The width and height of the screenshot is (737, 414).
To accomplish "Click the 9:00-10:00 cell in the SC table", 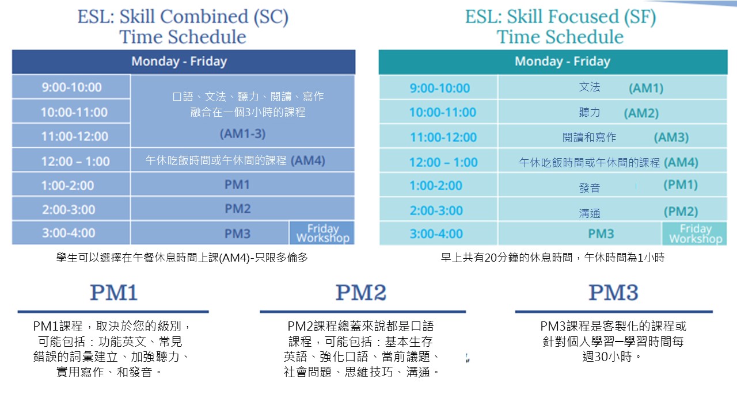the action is pyautogui.click(x=71, y=87).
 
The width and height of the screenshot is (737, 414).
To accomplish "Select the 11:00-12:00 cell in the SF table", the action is pyautogui.click(x=438, y=137).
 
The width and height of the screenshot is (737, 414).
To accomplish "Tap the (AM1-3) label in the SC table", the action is pyautogui.click(x=242, y=134).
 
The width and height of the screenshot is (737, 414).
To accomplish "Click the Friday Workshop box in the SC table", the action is pyautogui.click(x=322, y=233).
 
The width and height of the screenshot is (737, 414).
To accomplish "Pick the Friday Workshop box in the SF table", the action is pyautogui.click(x=694, y=233).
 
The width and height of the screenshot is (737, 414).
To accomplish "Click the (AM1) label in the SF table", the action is pyautogui.click(x=646, y=88).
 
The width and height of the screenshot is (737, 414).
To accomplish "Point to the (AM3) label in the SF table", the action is pyautogui.click(x=671, y=137).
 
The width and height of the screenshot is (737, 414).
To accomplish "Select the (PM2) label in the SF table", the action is pyautogui.click(x=681, y=211).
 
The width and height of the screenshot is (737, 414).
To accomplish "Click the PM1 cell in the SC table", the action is pyautogui.click(x=242, y=185).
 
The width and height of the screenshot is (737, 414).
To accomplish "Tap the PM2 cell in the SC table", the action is pyautogui.click(x=242, y=209).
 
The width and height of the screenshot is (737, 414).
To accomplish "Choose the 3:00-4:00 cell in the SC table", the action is pyautogui.click(x=71, y=233).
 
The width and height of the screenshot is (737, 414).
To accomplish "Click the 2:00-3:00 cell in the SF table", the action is pyautogui.click(x=438, y=210).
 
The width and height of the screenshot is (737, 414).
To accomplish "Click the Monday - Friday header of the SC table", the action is pyautogui.click(x=184, y=62).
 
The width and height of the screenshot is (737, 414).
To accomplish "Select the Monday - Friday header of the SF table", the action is pyautogui.click(x=553, y=62).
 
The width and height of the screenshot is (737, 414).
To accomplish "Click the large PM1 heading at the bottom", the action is pyautogui.click(x=113, y=293).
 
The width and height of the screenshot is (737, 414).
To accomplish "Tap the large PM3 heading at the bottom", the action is pyautogui.click(x=613, y=293).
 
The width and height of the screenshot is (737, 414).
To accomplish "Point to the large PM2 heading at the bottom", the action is pyautogui.click(x=361, y=293).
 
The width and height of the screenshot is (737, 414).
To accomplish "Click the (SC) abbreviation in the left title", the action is pyautogui.click(x=271, y=17).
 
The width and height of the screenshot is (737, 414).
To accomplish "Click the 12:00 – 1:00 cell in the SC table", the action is pyautogui.click(x=71, y=161).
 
